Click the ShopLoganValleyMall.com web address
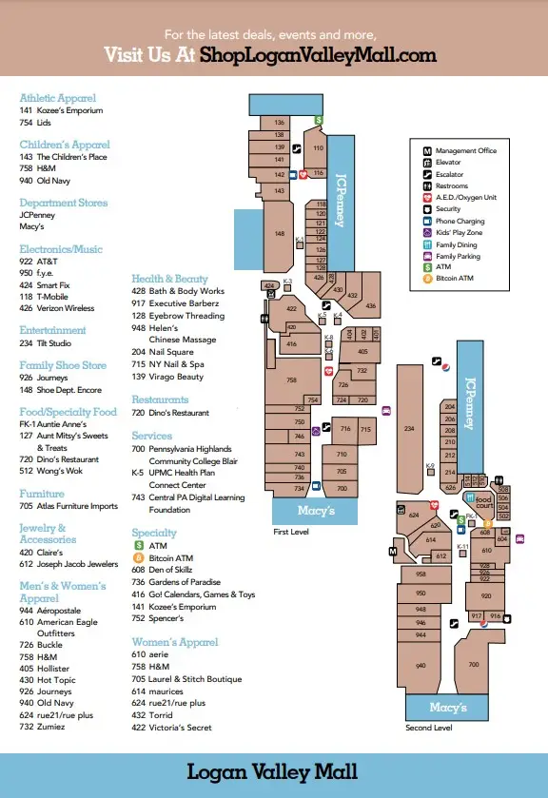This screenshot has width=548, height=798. [x=319, y=54]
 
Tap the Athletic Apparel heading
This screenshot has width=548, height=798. [x=57, y=98]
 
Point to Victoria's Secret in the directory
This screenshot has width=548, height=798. [x=181, y=728]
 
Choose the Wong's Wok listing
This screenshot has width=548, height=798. [x=62, y=471]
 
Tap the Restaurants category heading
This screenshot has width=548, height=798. [x=160, y=399]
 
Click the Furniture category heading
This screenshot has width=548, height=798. [x=42, y=494]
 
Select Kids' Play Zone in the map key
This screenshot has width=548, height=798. [x=460, y=233]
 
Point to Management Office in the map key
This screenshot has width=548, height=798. [x=466, y=151]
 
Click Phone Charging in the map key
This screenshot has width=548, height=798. [x=460, y=222]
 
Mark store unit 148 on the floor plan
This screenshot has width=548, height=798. [x=279, y=233]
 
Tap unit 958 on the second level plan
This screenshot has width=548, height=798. [x=420, y=574]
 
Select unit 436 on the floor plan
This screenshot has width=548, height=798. [x=371, y=306]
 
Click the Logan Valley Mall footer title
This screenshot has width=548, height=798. [x=273, y=771]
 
